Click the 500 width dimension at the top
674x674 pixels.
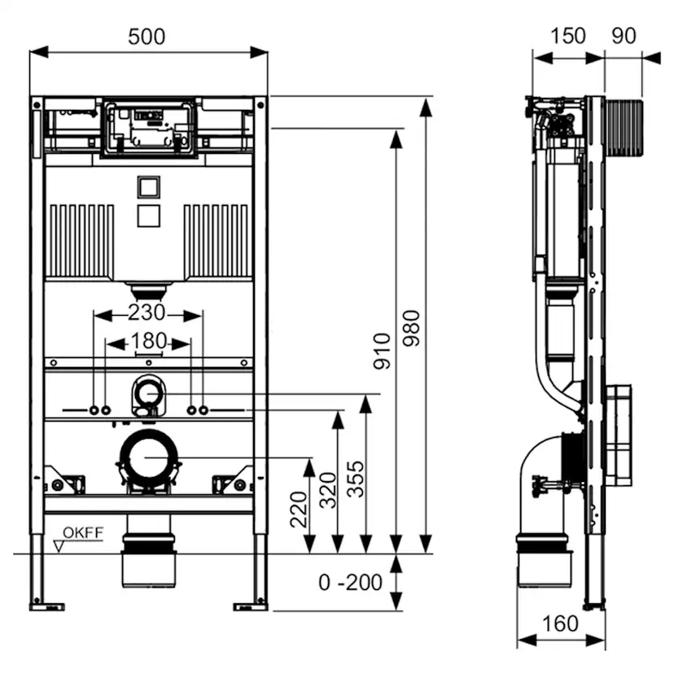point(147,37)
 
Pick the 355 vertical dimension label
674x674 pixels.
point(355,482)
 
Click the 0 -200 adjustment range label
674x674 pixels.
point(350,583)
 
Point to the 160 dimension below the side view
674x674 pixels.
point(560,624)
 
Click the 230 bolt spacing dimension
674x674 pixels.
point(147,313)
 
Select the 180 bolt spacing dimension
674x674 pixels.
point(148,341)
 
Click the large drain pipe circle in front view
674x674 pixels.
point(148,457)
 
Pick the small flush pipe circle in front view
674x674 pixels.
point(148,393)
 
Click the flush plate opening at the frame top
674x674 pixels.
point(148,128)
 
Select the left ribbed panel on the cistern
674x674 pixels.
point(81,241)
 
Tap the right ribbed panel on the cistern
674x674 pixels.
point(217,241)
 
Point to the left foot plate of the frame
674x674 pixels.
point(42,606)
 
